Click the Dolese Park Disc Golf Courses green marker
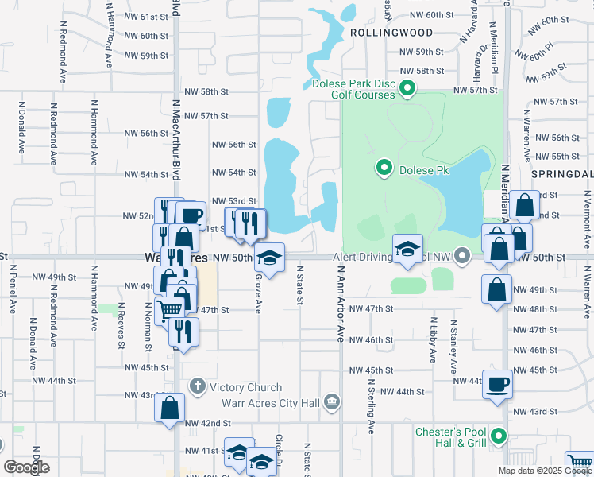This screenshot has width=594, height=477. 408,87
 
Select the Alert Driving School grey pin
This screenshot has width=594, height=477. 465,255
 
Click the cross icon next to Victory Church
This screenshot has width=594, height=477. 198,387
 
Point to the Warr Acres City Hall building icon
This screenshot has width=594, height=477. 332,402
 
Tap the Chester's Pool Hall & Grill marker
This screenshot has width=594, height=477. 498,436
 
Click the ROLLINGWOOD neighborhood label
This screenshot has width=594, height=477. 391,33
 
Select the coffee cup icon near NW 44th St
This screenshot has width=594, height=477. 498,384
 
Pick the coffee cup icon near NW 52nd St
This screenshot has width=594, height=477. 191,215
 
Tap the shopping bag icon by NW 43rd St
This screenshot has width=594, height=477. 171,409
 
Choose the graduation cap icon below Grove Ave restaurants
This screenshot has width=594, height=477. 270,258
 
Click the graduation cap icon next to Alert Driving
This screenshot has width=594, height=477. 407,248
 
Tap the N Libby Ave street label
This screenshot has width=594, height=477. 433,342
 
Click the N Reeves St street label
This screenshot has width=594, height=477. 121,324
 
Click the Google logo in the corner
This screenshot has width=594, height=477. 27,467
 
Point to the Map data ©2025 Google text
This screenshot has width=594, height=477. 544,471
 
